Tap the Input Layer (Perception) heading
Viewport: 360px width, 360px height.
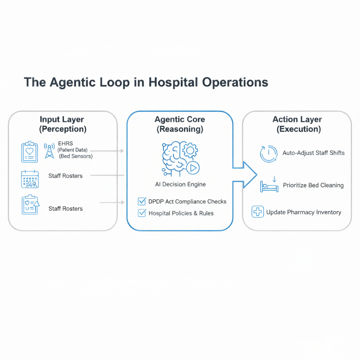[63, 124]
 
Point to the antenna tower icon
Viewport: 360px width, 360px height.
[50, 151]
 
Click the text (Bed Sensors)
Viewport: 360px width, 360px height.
[76, 156]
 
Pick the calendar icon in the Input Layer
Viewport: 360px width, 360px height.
[30, 179]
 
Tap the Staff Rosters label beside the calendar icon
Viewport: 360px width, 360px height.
[66, 176]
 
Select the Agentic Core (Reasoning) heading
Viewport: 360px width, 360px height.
[180, 124]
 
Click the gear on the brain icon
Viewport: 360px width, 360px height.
[190, 150]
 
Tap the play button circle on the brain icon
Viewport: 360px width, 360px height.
[193, 168]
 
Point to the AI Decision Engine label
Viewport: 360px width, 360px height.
[180, 184]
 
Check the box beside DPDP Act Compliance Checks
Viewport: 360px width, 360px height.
[141, 201]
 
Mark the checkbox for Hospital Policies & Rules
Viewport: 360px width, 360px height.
[141, 213]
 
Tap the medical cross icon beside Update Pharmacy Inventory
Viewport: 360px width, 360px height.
[258, 212]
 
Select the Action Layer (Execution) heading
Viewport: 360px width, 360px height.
[297, 124]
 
